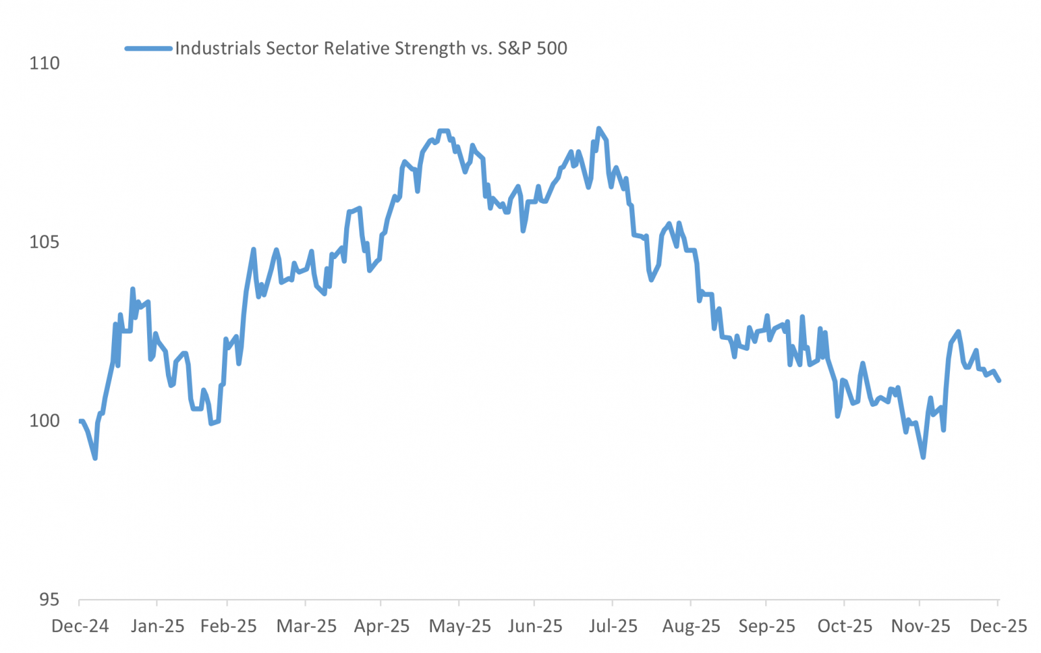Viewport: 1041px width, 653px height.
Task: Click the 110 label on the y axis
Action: [44, 63]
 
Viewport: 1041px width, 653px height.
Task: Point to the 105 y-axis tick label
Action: [44, 242]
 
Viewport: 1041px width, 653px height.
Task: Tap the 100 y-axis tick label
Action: [44, 421]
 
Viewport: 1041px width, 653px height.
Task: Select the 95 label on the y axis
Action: [49, 600]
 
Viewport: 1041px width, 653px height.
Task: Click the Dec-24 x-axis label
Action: [80, 626]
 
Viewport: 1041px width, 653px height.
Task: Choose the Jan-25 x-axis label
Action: [157, 626]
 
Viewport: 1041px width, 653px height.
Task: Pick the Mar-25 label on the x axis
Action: [306, 626]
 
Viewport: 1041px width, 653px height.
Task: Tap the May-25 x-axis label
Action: [460, 626]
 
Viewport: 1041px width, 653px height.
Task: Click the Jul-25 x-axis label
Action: [613, 626]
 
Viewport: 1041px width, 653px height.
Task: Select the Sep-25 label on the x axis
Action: [766, 626]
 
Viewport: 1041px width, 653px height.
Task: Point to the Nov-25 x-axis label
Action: [920, 626]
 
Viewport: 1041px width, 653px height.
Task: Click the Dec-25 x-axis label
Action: [998, 626]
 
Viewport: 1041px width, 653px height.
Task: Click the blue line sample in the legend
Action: [149, 48]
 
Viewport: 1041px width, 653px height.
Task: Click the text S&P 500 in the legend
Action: [532, 48]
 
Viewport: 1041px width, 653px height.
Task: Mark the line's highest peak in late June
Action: [599, 128]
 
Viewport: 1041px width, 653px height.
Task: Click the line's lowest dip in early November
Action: [923, 457]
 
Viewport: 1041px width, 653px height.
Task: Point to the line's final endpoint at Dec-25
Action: [999, 380]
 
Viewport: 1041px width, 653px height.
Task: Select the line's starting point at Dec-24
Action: [80, 421]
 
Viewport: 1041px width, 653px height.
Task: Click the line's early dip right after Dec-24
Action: [95, 458]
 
